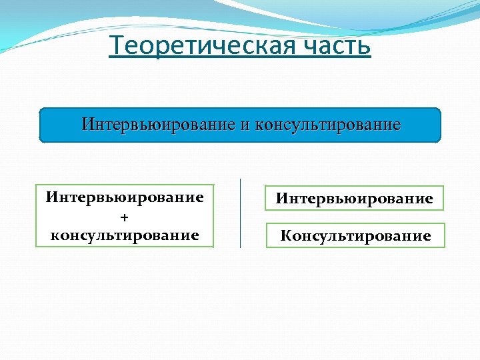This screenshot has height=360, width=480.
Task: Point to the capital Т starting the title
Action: click(116, 47)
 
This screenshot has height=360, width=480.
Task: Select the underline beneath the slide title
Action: click(240, 59)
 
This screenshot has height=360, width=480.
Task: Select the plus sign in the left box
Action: click(124, 217)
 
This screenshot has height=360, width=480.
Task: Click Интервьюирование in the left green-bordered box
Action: click(125, 198)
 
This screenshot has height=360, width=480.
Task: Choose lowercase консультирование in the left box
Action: click(125, 235)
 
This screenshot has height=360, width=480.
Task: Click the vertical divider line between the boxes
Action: click(240, 213)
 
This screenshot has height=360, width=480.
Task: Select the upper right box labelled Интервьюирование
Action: click(354, 199)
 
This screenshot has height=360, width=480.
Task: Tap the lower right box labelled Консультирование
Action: click(355, 236)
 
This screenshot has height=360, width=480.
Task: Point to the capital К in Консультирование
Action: click(285, 236)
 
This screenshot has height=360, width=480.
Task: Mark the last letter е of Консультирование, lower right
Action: click(426, 236)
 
